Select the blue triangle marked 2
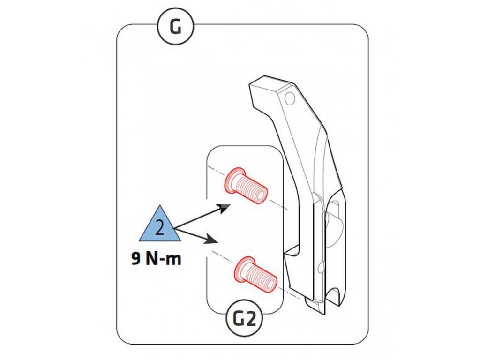[159, 225]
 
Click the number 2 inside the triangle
[159, 228]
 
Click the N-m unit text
[162, 258]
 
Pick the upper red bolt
[246, 186]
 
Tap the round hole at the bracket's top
[290, 98]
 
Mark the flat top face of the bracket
[272, 85]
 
